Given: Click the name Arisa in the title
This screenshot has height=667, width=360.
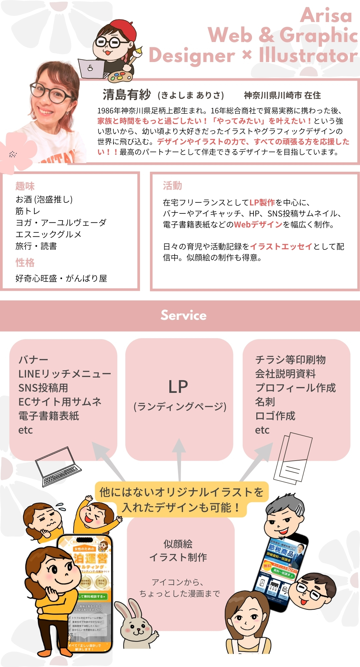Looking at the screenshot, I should tap(326, 16).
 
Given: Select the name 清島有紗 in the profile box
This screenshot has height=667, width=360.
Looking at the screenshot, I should tap(127, 95).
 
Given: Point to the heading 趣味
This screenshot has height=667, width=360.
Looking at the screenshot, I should tap(25, 186).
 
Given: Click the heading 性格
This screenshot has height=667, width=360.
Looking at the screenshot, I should tap(25, 262).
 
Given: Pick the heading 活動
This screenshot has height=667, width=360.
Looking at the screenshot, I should tap(172, 185).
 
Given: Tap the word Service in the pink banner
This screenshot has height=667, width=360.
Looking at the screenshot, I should tap(184, 315).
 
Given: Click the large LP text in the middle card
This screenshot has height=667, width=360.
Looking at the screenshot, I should tap(178, 387).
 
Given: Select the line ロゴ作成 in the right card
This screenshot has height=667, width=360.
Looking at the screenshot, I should tap(275, 416).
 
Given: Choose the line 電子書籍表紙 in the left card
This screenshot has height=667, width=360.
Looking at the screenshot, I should tap(49, 416).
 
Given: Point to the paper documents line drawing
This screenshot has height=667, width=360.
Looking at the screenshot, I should tap(293, 457).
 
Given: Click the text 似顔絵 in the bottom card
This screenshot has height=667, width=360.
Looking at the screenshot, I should tap(178, 544).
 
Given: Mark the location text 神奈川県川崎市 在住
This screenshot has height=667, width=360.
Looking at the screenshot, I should tap(282, 95).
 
